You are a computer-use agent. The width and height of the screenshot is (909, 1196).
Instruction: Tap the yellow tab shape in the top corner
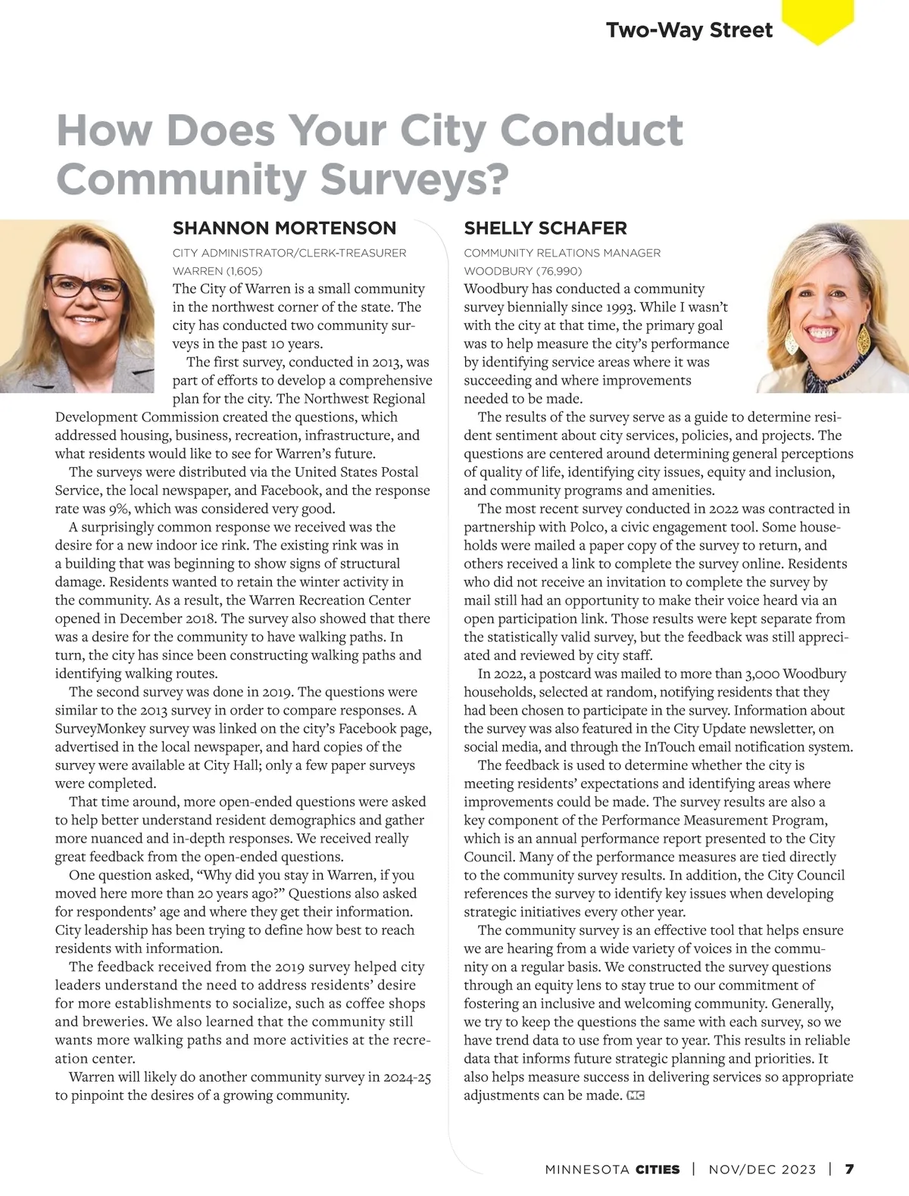click(x=817, y=20)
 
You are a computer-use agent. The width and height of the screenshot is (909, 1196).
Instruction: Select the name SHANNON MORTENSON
click(x=284, y=228)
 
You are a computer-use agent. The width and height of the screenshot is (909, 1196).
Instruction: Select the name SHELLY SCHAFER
click(x=545, y=228)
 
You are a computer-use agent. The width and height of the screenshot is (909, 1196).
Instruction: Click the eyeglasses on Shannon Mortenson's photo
click(x=85, y=288)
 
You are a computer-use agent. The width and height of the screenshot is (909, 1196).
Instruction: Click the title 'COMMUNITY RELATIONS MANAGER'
click(x=562, y=253)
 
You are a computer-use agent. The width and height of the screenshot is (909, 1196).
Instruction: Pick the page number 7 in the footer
click(x=849, y=1169)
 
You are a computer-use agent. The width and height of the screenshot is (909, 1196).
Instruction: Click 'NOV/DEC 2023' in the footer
click(x=762, y=1169)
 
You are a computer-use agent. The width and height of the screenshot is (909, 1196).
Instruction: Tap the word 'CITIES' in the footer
click(x=658, y=1169)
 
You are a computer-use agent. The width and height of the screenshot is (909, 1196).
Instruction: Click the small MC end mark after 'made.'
click(x=636, y=1095)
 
